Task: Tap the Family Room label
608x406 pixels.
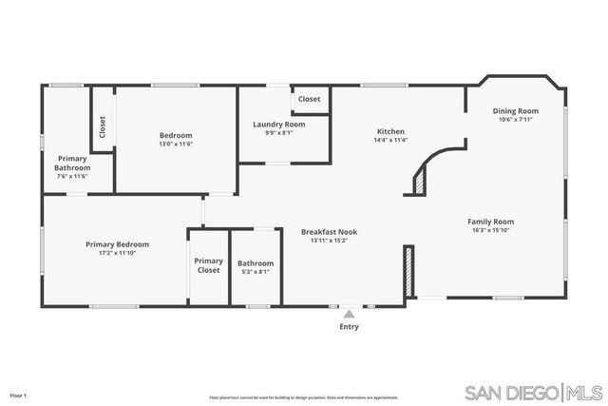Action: coord(491,222)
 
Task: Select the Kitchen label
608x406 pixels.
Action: coord(390,131)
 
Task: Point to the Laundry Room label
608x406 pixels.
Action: coord(278,125)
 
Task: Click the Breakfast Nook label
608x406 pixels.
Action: coord(329,231)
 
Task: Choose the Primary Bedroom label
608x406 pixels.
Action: coord(117,244)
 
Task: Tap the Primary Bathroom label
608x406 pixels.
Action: coord(72,163)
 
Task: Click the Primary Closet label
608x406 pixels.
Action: coord(208,265)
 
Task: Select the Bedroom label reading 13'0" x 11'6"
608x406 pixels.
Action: coord(176,135)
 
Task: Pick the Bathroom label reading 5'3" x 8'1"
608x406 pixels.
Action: coord(256,263)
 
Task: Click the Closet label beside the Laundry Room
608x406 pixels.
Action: coord(310,99)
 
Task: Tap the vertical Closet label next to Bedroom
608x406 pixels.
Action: coord(102,126)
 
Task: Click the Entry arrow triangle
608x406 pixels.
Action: coord(350,313)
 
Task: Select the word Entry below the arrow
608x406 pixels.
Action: coord(350,327)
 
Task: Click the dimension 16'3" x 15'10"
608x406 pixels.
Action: coord(491,230)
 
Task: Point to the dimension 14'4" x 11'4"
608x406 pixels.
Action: coord(390,140)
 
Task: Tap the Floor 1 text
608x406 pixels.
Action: coord(18,395)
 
